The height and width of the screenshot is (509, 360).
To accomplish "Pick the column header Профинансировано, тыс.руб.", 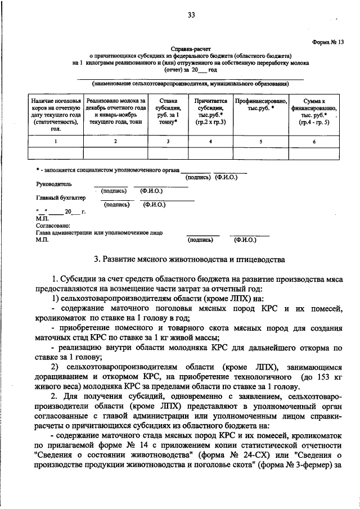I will [262, 105].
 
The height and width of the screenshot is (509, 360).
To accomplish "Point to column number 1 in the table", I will [55, 141].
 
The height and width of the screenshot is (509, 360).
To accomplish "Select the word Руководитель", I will [54, 183].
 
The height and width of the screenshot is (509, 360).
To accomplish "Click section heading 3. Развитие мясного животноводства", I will [190, 259].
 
